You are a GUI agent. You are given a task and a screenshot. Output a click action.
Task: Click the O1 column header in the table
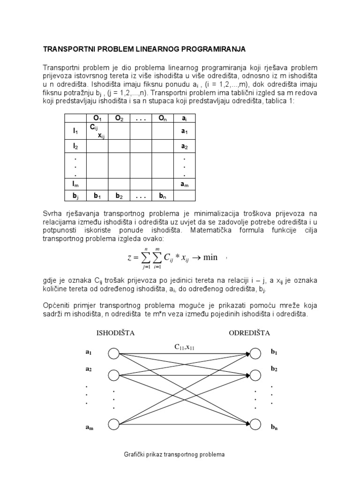pos(97,119)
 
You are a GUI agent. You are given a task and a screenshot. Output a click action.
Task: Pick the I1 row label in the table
pos(75,132)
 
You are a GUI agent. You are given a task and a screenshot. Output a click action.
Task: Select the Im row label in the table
pos(75,183)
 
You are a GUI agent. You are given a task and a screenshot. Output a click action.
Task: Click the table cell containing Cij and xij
pos(97,132)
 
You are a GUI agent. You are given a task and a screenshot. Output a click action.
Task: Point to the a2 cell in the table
pos(184,147)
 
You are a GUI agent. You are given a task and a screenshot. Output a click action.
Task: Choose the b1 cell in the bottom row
pos(97,195)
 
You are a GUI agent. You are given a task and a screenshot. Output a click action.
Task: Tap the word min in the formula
pos(210,257)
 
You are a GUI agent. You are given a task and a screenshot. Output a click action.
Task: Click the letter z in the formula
pos(129,257)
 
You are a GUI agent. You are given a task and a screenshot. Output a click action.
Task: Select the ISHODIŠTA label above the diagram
pos(115,333)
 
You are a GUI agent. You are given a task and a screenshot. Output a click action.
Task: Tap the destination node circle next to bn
pos(255,424)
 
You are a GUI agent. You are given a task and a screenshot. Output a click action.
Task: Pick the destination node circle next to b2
pos(255,375)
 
